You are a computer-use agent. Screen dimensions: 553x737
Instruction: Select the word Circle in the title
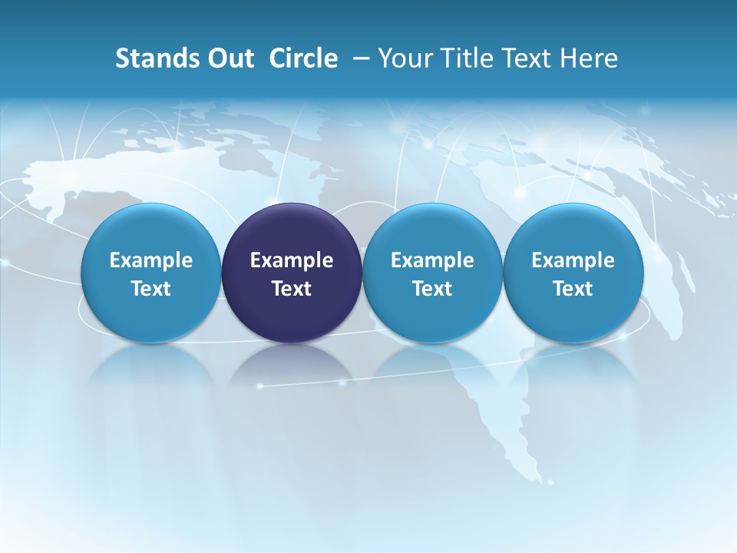point(303,58)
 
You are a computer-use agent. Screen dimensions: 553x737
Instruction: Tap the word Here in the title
point(590,58)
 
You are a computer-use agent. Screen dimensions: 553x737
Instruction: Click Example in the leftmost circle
point(151,260)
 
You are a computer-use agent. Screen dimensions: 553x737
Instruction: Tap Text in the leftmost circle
point(151,289)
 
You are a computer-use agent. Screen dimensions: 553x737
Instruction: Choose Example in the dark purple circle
point(292,260)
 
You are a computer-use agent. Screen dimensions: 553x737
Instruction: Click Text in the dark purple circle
point(292,289)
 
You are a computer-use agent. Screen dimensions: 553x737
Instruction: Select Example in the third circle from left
point(432,260)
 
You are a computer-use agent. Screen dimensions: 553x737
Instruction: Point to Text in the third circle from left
point(432,289)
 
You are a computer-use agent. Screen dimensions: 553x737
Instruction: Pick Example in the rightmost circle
point(573,260)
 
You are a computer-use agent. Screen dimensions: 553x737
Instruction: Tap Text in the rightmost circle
point(573,289)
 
